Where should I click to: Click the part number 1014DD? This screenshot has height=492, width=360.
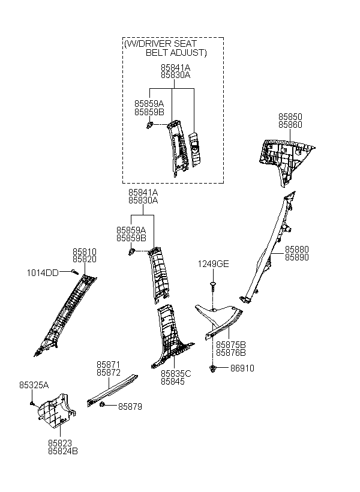[43, 272]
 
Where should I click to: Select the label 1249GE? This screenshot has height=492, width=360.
[213, 264]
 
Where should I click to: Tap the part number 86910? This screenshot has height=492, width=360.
[242, 368]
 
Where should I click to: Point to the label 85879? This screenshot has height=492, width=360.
[130, 406]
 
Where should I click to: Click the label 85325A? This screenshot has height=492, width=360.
[34, 385]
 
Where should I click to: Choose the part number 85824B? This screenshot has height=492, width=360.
[63, 451]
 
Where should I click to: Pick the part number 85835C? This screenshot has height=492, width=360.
[176, 373]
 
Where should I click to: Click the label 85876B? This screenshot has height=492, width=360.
[230, 352]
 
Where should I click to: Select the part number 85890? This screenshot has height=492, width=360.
[296, 257]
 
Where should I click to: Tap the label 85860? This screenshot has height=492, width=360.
[290, 125]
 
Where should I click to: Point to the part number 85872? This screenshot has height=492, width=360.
[108, 373]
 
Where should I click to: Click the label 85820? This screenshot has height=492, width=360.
[85, 259]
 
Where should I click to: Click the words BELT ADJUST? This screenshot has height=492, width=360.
[176, 52]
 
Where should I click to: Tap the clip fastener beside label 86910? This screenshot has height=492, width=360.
[213, 368]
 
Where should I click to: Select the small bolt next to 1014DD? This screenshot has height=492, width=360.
[74, 271]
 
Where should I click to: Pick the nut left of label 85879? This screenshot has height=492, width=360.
[102, 405]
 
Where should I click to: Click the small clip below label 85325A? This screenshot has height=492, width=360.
[32, 403]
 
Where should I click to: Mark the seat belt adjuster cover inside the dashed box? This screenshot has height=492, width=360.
[194, 149]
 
